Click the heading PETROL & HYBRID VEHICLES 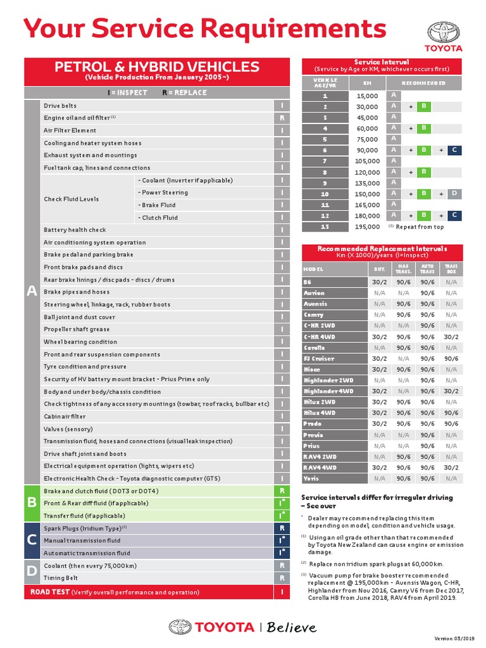point(156,67)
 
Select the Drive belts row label point(60,106)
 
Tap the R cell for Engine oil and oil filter point(282,118)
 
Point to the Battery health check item point(75,230)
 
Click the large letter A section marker point(32,291)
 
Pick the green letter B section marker point(32,503)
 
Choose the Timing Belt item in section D point(61,578)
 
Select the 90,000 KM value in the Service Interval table point(367,150)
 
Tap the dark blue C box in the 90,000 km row point(454,150)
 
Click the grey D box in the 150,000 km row point(454,194)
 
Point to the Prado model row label point(313,424)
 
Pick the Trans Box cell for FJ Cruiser point(451,358)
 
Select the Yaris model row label point(311,478)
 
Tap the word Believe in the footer point(291,627)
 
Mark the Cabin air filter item point(65,416)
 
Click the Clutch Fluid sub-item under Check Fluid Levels point(159,218)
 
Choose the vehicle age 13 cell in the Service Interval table point(325,226)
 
